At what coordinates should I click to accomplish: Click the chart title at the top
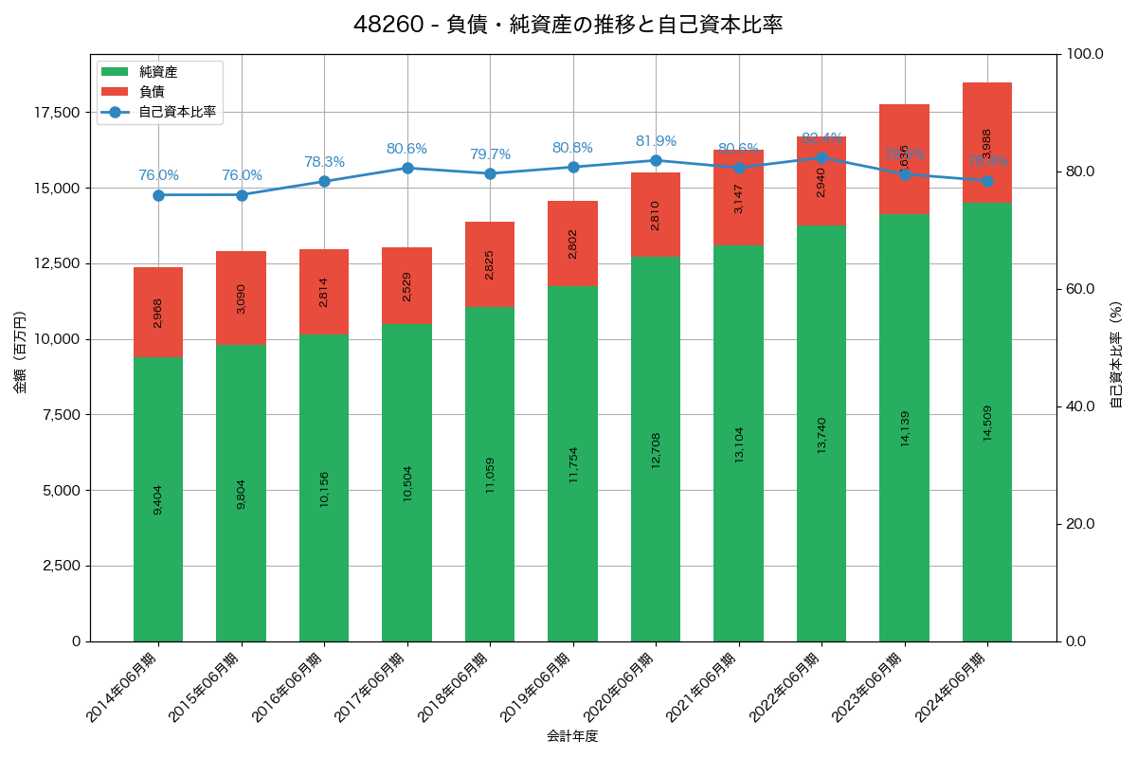(568, 25)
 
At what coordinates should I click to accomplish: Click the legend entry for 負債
(152, 92)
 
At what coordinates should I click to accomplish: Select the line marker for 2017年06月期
(407, 168)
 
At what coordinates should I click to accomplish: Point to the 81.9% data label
(656, 141)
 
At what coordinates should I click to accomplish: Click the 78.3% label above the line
(324, 162)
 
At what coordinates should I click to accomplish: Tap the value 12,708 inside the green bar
(656, 450)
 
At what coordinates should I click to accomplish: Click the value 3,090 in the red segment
(241, 299)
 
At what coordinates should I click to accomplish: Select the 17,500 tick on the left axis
(58, 113)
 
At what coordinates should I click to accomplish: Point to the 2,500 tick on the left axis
(63, 566)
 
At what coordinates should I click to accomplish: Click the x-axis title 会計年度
(572, 736)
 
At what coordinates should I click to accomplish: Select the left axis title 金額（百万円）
(20, 352)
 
